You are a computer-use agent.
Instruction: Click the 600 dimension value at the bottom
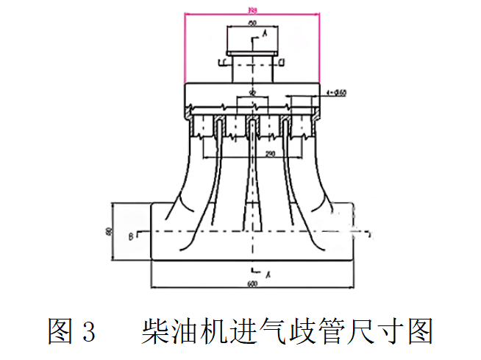click(x=252, y=284)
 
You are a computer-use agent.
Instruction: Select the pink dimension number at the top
click(x=251, y=10)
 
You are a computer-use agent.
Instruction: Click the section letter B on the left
click(x=130, y=236)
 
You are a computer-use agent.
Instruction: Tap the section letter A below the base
click(x=269, y=274)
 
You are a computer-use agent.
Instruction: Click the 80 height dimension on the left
click(x=108, y=231)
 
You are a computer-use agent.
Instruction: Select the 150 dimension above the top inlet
click(x=252, y=24)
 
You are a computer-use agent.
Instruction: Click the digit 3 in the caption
click(x=89, y=331)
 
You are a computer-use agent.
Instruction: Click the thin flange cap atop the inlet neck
click(x=252, y=53)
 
